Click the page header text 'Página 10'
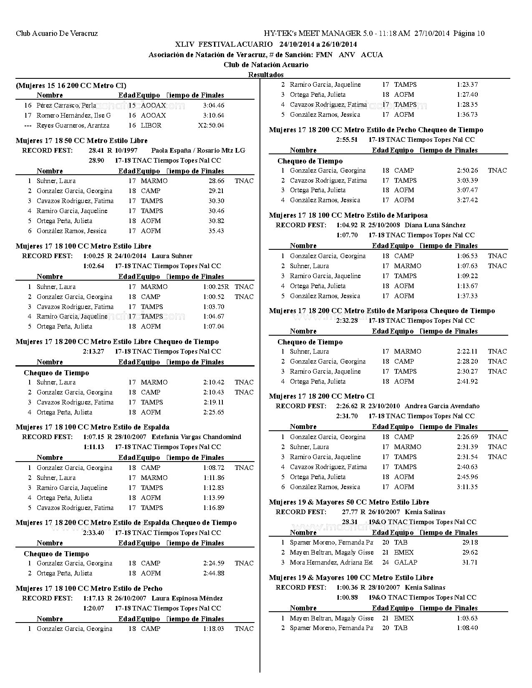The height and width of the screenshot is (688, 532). click(x=469, y=34)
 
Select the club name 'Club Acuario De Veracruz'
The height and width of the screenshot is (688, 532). click(x=57, y=34)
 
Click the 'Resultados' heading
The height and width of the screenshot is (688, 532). click(x=266, y=75)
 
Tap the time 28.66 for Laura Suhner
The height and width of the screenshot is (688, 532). click(x=216, y=181)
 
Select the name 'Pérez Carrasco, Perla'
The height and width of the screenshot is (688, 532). click(x=66, y=105)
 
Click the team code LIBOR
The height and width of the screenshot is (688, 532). click(x=151, y=126)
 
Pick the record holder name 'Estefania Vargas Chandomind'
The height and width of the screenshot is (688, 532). click(x=196, y=437)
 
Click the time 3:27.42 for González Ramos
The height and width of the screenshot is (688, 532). click(x=467, y=200)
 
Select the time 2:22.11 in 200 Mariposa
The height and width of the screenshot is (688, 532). click(x=467, y=352)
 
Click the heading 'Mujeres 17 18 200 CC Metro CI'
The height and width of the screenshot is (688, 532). click(x=321, y=396)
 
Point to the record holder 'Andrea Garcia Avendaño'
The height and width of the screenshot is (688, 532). click(x=442, y=406)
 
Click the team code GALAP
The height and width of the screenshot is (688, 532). click(x=405, y=562)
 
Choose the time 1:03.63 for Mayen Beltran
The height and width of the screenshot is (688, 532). click(x=467, y=618)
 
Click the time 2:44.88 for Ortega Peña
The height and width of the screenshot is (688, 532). click(x=214, y=573)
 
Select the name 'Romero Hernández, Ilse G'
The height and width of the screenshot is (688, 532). click(x=73, y=116)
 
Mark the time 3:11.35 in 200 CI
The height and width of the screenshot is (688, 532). click(x=467, y=487)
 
